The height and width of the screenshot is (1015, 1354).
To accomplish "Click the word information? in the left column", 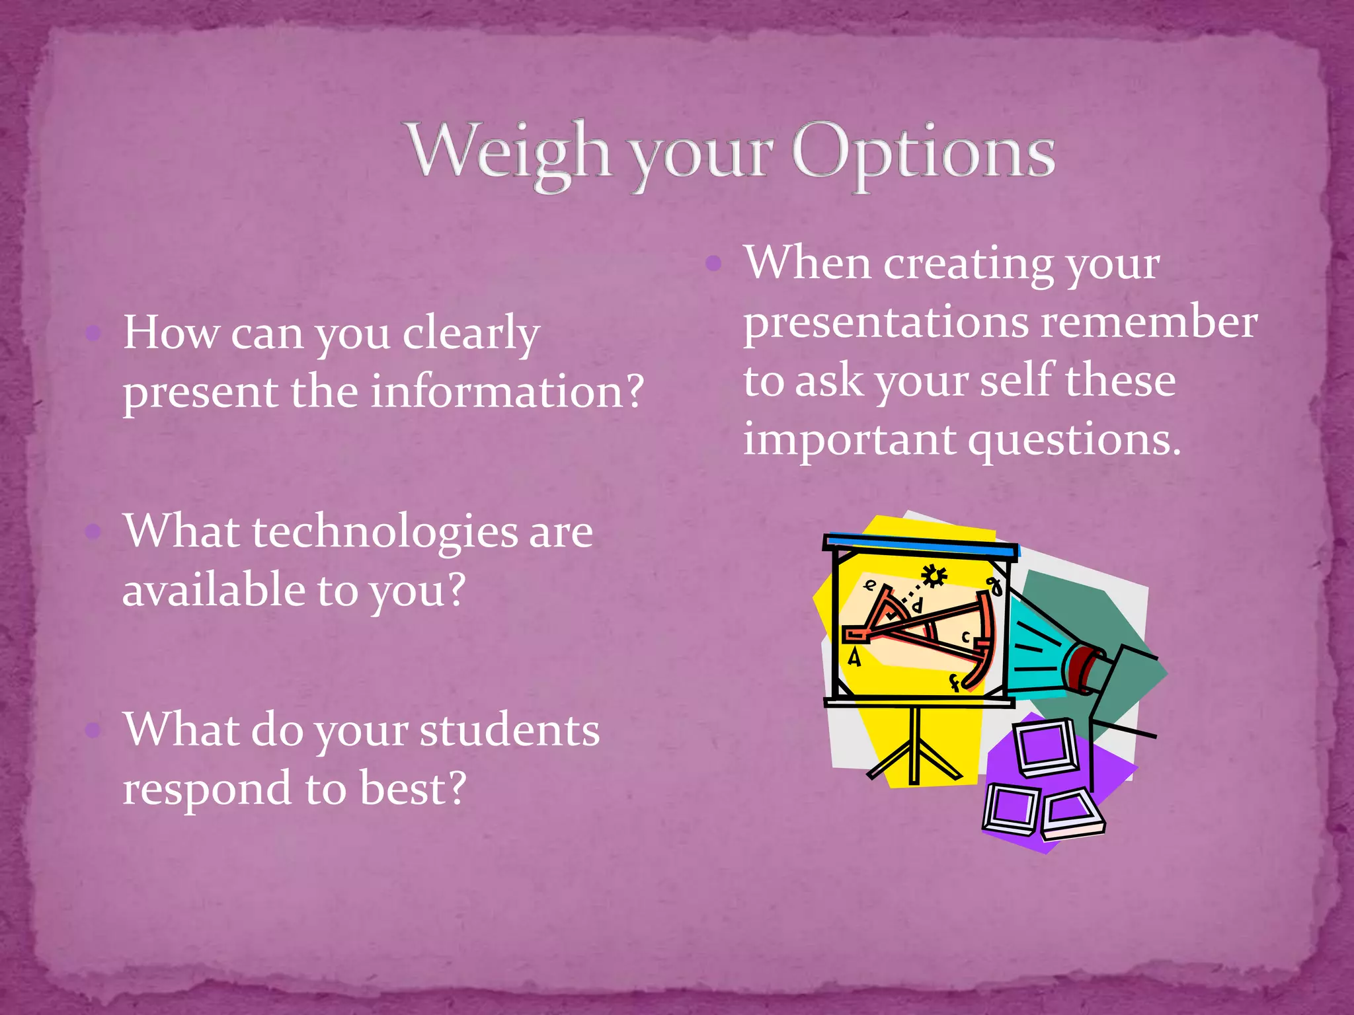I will pos(506,391).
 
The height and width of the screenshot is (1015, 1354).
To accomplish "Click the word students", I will pos(509,731).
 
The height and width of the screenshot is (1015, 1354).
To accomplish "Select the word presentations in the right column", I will pos(887,323).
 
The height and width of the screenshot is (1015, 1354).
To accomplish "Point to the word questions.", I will pos(1074,440).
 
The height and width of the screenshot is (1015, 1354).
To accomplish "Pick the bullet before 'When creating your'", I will pos(713,264).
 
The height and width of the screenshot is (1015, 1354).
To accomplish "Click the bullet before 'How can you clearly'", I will pos(93,333).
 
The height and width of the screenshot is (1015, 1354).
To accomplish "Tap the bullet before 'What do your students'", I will pos(93,730).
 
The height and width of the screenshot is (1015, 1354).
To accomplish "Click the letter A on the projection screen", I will pos(854,658).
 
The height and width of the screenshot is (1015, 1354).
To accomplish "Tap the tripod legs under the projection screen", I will pos(914,753).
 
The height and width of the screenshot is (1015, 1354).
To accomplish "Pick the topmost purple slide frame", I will pos(1047,747).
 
